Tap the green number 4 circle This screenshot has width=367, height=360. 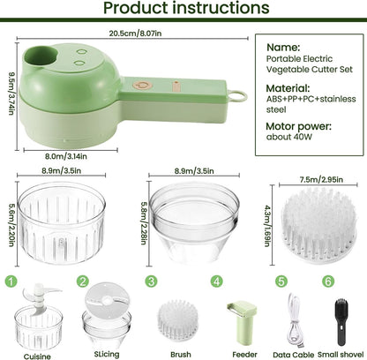(x=215, y=281)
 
